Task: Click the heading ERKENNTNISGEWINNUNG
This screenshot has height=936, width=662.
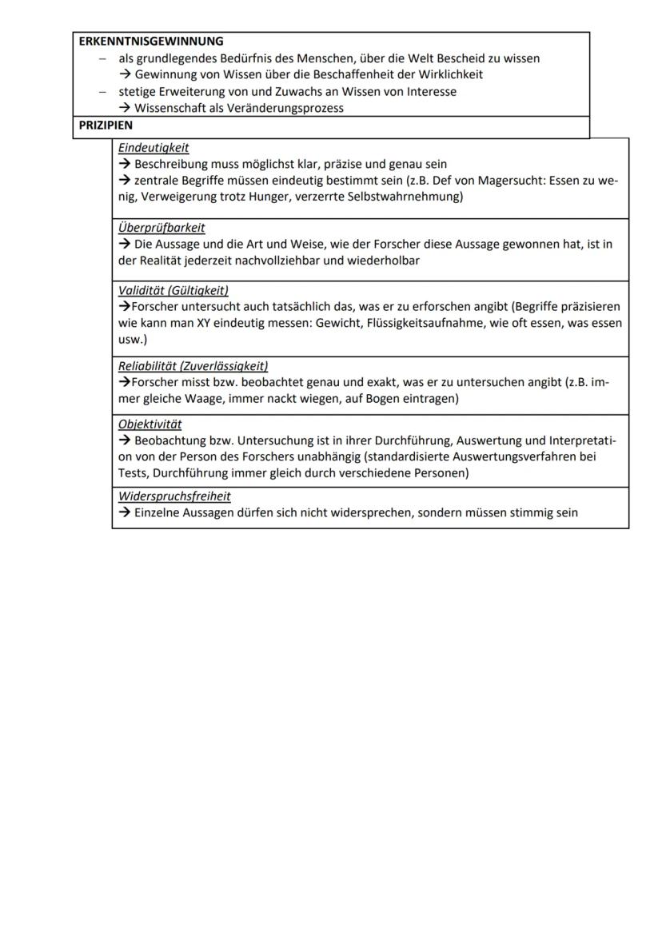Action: [151, 41]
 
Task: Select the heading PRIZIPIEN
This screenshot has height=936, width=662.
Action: [106, 125]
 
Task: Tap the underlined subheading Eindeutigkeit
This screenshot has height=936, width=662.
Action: [154, 148]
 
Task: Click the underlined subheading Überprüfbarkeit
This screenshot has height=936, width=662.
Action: [162, 228]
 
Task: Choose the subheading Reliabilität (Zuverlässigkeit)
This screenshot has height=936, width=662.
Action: [193, 366]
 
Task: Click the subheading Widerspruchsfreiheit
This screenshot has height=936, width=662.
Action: [174, 496]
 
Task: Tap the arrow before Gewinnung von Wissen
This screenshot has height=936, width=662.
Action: [125, 74]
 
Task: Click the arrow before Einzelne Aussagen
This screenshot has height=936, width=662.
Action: [125, 512]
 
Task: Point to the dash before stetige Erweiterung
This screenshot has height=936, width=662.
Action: [102, 92]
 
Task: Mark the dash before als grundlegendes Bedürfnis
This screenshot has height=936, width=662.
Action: [102, 58]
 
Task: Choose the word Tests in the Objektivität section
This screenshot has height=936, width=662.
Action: [134, 473]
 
